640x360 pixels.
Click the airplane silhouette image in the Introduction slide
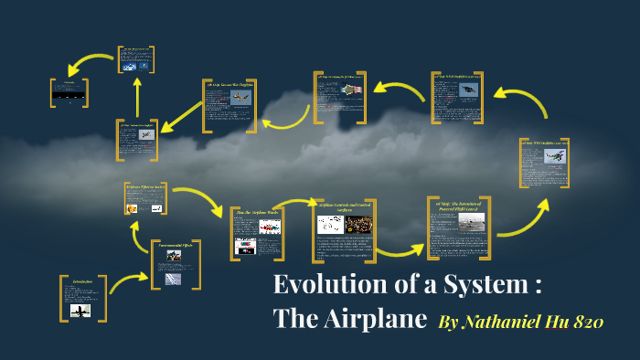[x=80, y=310]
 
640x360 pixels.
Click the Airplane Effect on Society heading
[x=145, y=186]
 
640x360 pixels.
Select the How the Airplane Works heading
[x=256, y=212]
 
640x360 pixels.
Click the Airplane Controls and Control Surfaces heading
[x=343, y=205]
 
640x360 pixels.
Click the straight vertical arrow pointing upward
[x=137, y=96]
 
